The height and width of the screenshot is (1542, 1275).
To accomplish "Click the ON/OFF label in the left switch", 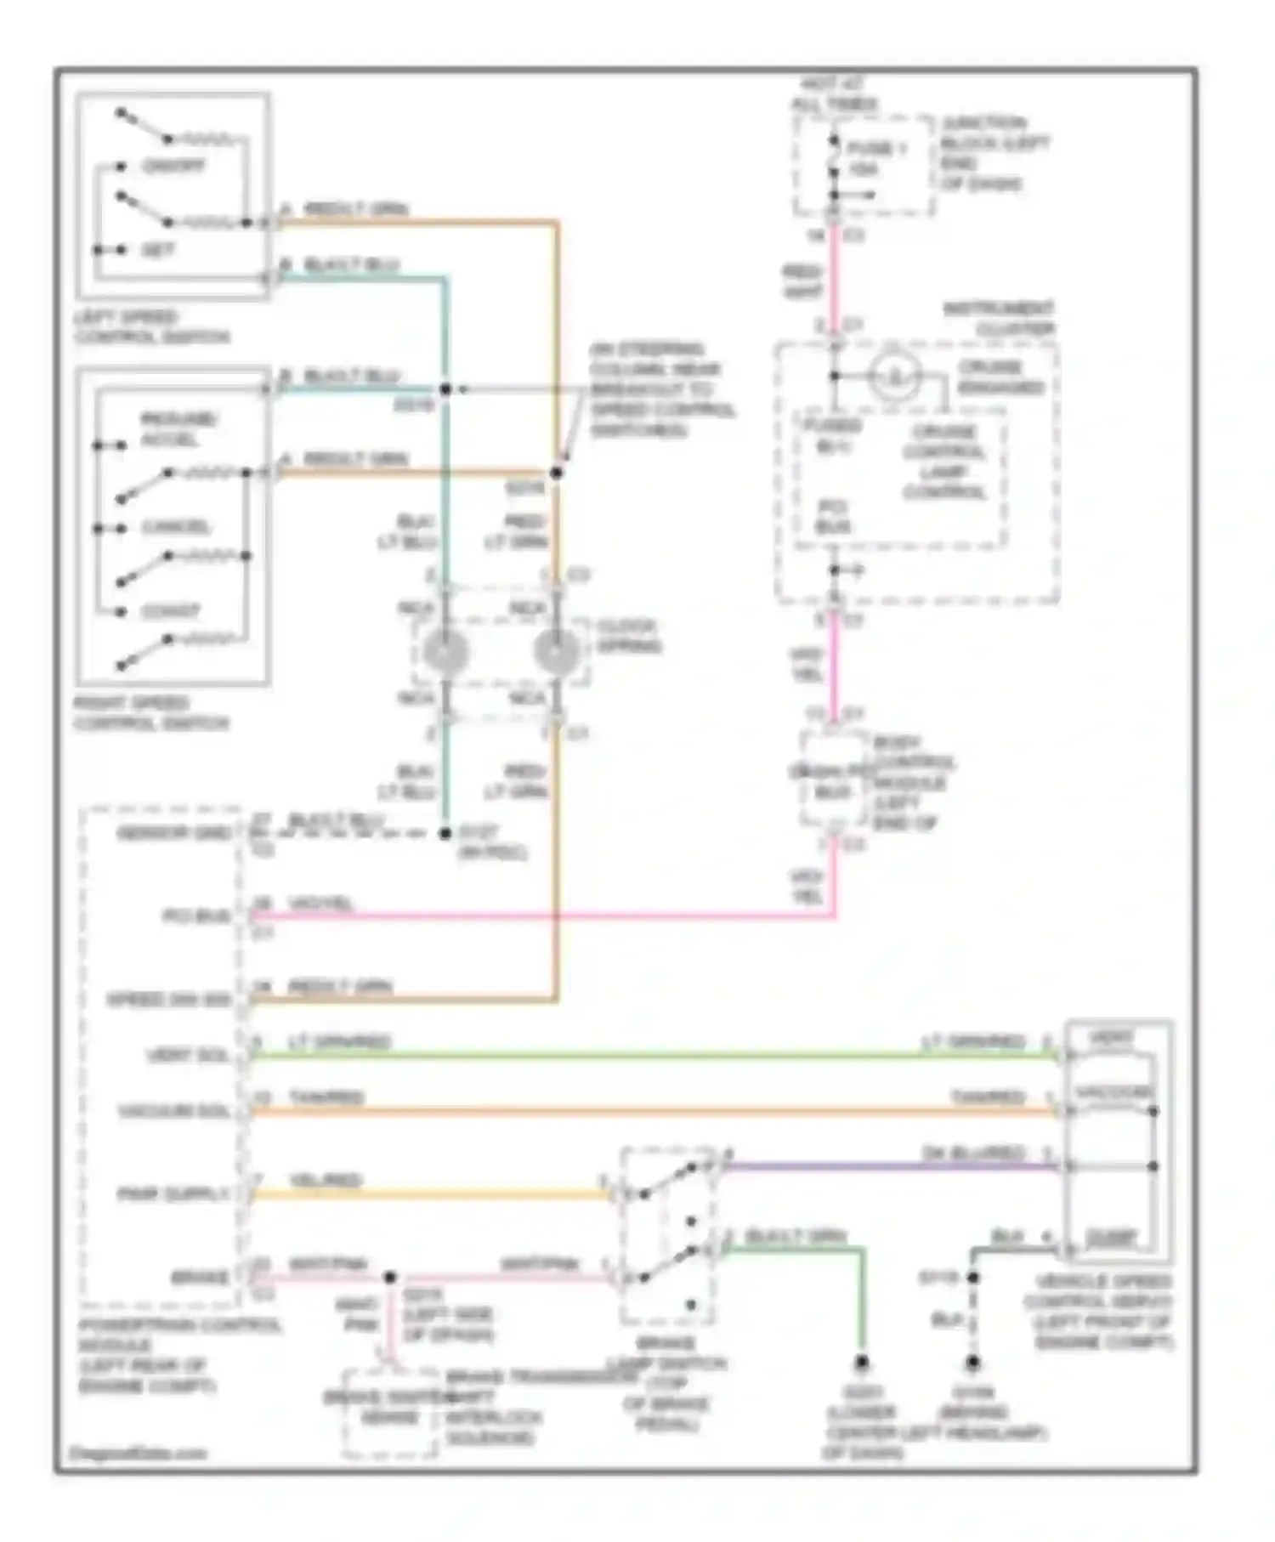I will tap(173, 166).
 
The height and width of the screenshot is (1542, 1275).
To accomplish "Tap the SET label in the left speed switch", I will tap(157, 250).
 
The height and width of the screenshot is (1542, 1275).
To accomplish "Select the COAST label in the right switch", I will tap(170, 611).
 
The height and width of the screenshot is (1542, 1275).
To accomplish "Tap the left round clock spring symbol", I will tap(445, 652).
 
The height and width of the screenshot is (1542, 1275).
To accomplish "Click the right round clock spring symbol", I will tap(556, 652).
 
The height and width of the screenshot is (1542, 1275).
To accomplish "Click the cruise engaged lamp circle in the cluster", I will tap(894, 375).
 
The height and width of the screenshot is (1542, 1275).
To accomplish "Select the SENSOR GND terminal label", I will tap(174, 834).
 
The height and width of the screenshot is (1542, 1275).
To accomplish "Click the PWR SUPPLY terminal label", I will tap(173, 1194).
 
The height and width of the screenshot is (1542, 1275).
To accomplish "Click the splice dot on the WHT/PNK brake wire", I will tap(389, 1277).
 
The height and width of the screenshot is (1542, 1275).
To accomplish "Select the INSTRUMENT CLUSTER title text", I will tap(1000, 318).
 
